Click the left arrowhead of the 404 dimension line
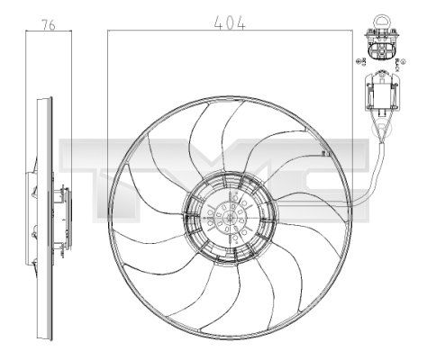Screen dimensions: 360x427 pyautogui.click(x=110, y=31)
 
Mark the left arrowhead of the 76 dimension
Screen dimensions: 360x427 pyautogui.click(x=30, y=31)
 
